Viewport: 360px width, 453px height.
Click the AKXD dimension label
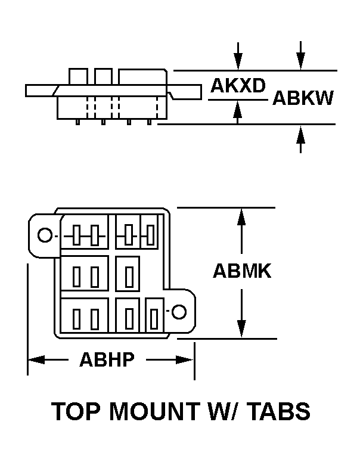(238, 85)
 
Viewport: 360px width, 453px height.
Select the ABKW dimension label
(303, 98)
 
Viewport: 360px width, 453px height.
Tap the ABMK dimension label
(242, 271)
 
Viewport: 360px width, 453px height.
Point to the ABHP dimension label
(107, 359)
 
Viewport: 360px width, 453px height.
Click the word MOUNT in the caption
(154, 411)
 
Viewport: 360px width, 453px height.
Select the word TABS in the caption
(280, 411)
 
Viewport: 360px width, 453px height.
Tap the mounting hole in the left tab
(45, 235)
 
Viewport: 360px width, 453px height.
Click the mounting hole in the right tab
(179, 312)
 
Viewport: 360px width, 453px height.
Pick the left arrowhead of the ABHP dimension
(36, 359)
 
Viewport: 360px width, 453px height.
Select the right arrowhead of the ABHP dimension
(185, 359)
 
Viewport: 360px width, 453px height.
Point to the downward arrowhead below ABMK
(241, 329)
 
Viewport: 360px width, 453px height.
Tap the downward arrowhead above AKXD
(238, 61)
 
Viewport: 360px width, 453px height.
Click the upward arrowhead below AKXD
(237, 109)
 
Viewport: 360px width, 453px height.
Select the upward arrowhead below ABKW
(301, 134)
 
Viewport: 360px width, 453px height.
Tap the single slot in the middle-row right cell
(129, 277)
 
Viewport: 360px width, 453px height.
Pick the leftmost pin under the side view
(77, 122)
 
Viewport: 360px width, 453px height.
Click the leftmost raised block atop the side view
(78, 76)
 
